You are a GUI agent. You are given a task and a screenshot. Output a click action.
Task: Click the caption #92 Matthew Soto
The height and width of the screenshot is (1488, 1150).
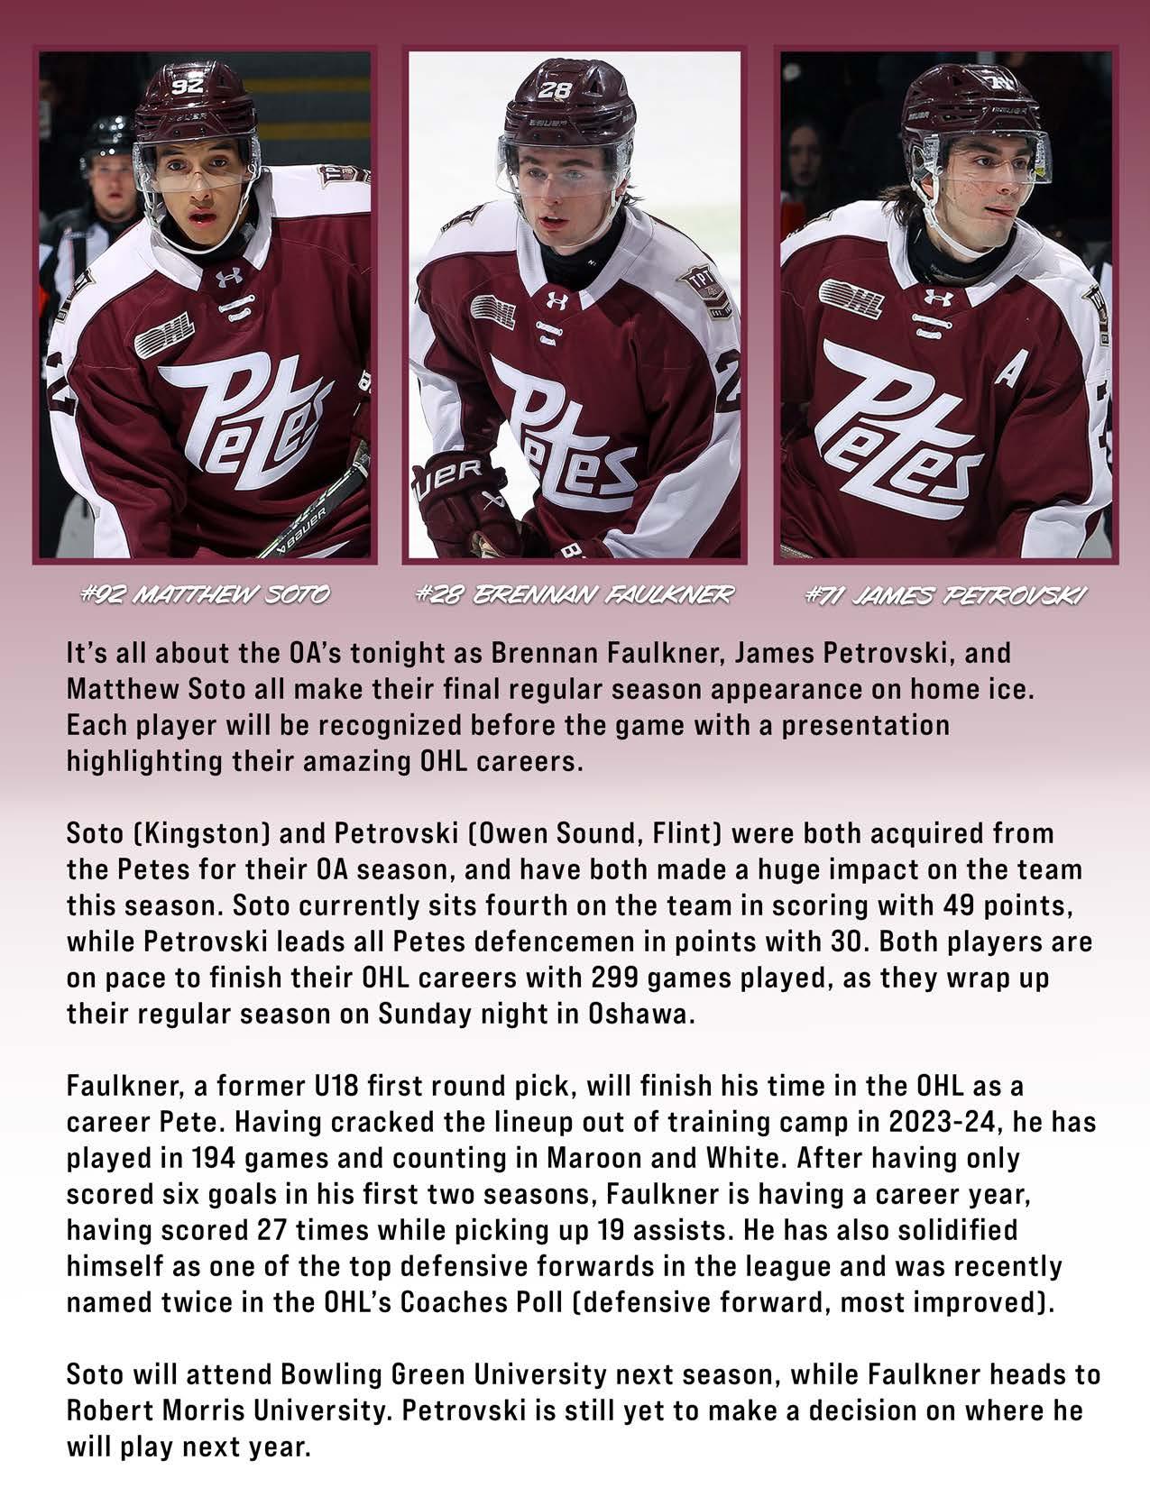[205, 594]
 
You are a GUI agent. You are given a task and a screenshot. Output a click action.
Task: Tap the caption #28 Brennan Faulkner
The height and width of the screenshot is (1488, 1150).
[575, 594]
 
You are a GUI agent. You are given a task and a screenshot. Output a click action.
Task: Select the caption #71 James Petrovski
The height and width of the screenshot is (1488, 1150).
[946, 595]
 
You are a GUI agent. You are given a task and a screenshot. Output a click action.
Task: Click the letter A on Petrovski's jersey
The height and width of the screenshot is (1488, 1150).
[1005, 372]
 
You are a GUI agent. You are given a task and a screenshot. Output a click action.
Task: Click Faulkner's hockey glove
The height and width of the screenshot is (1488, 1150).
[455, 501]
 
